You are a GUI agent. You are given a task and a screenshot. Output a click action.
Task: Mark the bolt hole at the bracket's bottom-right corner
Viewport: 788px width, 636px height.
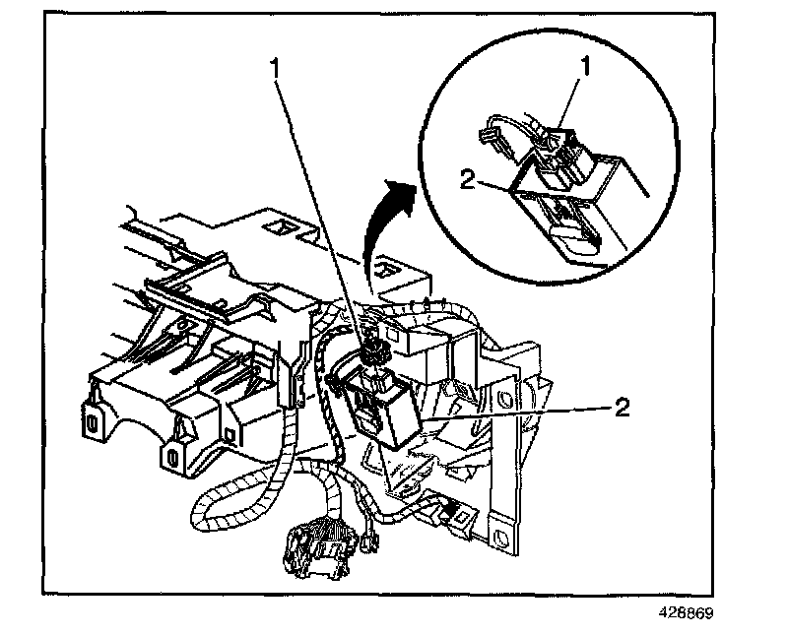pyautogui.click(x=503, y=539)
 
